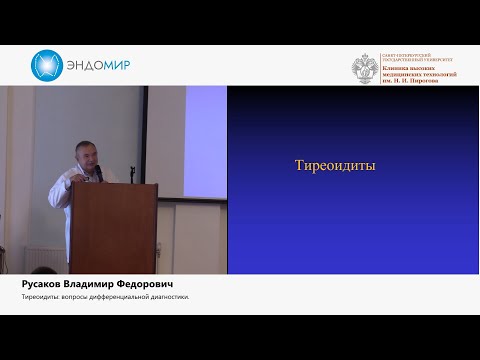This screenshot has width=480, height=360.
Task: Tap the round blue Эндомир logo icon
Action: (47, 66)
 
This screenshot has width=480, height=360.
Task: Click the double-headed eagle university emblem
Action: (364, 68)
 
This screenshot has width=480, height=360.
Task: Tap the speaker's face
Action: (85, 155)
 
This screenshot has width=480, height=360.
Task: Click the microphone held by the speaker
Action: (97, 172)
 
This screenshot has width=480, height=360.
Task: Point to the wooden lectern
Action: (112, 225)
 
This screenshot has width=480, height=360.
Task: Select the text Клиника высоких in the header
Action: (405, 67)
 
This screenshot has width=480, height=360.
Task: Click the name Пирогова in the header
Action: (438, 81)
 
